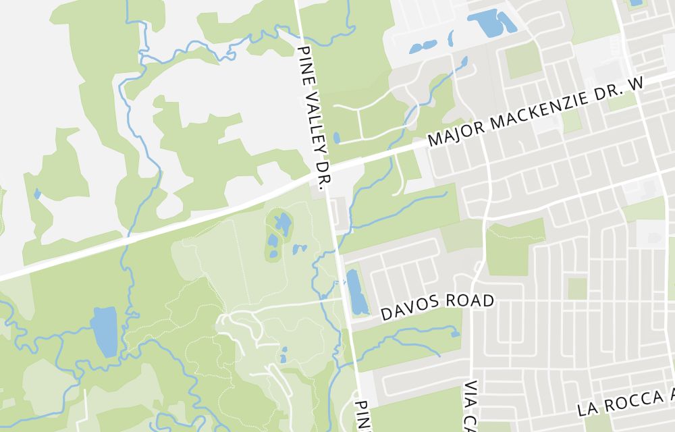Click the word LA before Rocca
point(586,410)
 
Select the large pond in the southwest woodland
point(105,331)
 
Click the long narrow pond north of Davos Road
point(356,292)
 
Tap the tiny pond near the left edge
point(37,194)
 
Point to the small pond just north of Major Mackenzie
point(337,138)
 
